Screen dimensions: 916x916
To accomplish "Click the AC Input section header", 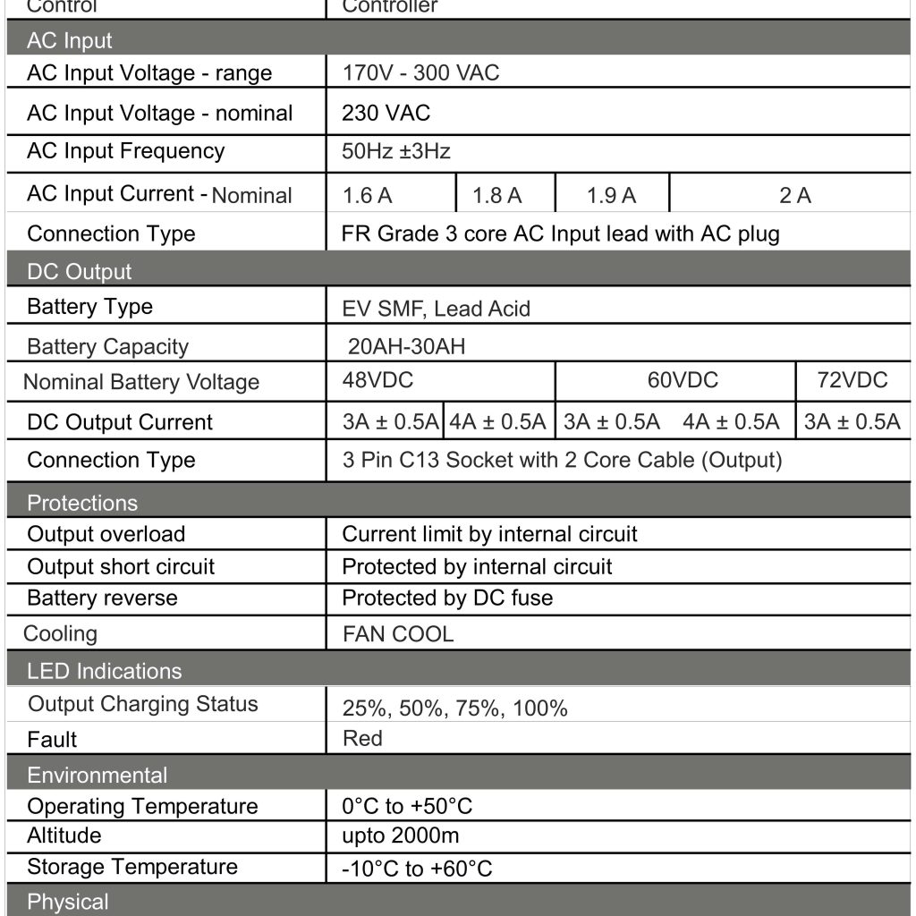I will [70, 41].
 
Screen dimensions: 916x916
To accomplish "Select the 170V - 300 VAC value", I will [420, 72].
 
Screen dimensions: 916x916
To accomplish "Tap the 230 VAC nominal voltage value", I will [386, 113].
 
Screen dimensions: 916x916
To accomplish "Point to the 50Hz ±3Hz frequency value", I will [395, 151].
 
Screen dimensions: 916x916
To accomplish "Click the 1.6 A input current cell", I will [367, 195].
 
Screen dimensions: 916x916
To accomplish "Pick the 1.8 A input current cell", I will [496, 195].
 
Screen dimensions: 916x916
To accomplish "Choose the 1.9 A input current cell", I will [611, 195].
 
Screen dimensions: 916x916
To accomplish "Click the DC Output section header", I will [79, 272].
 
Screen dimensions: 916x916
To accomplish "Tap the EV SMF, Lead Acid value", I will [436, 309].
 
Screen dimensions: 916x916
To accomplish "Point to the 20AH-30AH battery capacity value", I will [406, 347].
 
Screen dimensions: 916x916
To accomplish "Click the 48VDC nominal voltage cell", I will [377, 380].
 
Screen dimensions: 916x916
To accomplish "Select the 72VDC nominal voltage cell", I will [852, 380].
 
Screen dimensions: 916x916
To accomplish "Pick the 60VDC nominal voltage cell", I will [683, 380].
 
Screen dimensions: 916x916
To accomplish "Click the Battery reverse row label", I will [102, 598].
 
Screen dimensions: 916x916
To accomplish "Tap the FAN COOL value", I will [398, 634].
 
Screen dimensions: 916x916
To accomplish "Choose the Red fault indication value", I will [362, 738].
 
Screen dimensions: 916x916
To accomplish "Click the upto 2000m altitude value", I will [400, 835].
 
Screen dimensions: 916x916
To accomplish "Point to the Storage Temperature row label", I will [132, 867].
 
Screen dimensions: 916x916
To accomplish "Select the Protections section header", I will [82, 503].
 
